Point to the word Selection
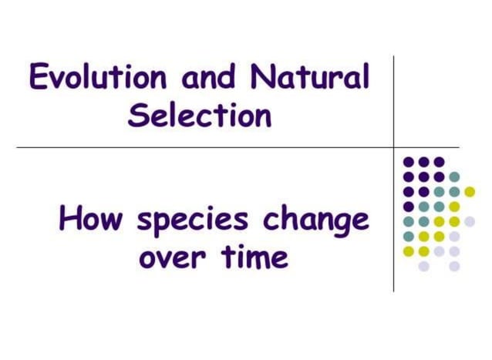click(200, 116)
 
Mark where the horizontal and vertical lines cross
click(393, 147)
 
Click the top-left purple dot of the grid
click(409, 162)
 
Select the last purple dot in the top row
click(439, 162)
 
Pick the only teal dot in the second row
click(454, 177)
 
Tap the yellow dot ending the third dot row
click(470, 192)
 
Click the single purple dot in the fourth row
click(409, 207)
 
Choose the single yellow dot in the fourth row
click(454, 207)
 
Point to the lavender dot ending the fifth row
click(470, 221)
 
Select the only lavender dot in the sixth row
click(454, 236)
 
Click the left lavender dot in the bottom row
click(423, 266)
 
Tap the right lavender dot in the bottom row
click(454, 266)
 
